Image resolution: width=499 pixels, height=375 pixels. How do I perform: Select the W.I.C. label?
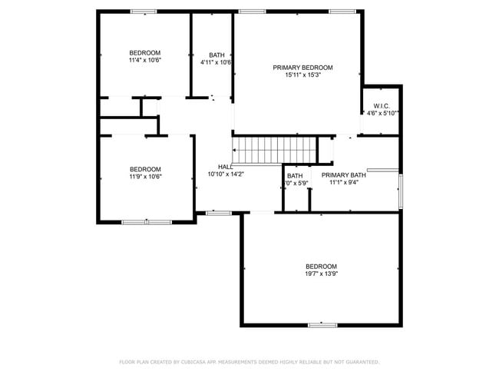pyautogui.click(x=382, y=105)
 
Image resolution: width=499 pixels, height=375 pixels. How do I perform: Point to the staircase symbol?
pyautogui.click(x=275, y=148)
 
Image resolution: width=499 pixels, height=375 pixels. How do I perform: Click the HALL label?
pyautogui.click(x=226, y=167)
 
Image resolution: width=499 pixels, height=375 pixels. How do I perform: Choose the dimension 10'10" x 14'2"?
pyautogui.click(x=226, y=174)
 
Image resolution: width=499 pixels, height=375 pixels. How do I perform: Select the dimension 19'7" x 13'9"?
pyautogui.click(x=321, y=274)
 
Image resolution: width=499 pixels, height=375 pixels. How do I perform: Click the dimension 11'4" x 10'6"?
pyautogui.click(x=144, y=60)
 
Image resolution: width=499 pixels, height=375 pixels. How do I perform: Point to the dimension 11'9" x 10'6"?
pyautogui.click(x=144, y=177)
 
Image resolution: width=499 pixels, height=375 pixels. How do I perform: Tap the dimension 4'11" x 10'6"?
pyautogui.click(x=216, y=62)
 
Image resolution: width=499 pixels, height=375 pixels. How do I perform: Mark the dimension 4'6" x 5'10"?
pyautogui.click(x=382, y=113)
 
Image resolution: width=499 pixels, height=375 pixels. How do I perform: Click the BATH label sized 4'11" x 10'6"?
pyautogui.click(x=217, y=55)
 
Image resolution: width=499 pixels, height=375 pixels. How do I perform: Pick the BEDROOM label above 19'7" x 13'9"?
pyautogui.click(x=321, y=267)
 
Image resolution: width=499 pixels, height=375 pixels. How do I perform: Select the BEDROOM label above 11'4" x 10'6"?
pyautogui.click(x=144, y=52)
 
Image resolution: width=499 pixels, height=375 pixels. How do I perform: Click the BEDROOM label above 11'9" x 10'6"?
pyautogui.click(x=144, y=169)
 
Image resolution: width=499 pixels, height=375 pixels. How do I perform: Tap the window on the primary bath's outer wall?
pyautogui.click(x=400, y=191)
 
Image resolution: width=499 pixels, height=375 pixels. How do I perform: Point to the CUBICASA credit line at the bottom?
pyautogui.click(x=249, y=361)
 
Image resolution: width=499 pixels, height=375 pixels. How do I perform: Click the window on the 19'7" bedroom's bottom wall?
pyautogui.click(x=322, y=325)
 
